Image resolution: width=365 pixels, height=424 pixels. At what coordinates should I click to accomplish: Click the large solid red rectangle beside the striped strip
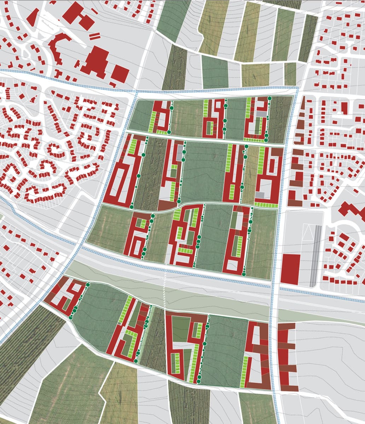click(x=290, y=269)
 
